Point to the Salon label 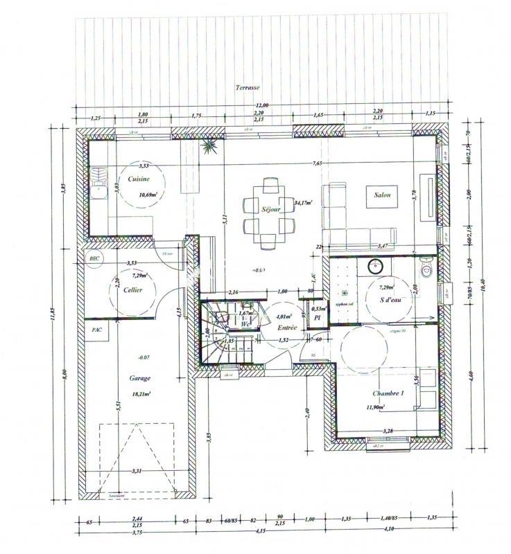(x=383, y=195)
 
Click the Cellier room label (x=132, y=290)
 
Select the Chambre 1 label (x=388, y=393)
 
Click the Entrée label (x=286, y=328)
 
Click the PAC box (x=96, y=330)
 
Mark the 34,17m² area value (x=303, y=203)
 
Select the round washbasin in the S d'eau (x=374, y=265)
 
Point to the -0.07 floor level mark (x=145, y=357)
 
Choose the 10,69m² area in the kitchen (x=148, y=195)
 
